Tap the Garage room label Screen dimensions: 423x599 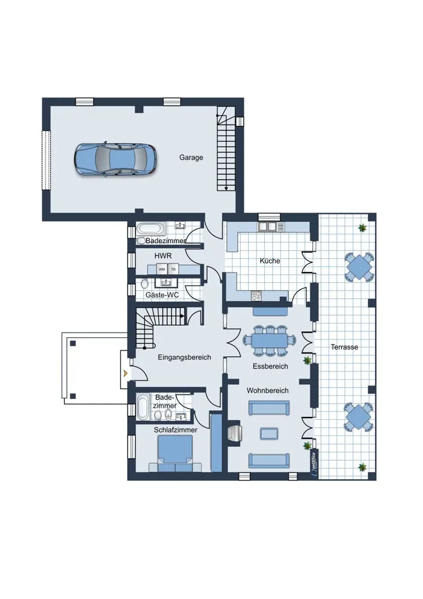coord(191,158)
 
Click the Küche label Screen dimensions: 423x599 coord(270,261)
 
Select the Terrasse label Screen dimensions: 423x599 coord(345,347)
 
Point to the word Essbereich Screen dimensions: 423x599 coord(270,366)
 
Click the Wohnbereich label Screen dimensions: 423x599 coord(267,391)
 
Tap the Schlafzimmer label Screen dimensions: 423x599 coord(176,429)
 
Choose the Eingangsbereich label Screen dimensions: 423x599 coord(185,358)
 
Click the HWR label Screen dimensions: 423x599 coord(163,256)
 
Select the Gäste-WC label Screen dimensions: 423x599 coord(162,295)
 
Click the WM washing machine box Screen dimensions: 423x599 coord(162,270)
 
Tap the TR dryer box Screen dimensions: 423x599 coord(173,270)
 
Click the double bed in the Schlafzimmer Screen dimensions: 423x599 coord(176,453)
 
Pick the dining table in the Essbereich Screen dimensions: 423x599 coord(270,340)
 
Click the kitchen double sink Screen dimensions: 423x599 coord(267,227)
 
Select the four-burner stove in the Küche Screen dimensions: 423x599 coord(256,295)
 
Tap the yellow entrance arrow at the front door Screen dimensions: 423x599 coord(125,373)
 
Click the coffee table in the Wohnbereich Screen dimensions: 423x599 coord(270,433)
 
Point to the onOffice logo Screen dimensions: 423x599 coord(314,464)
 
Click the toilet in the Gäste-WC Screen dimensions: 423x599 coord(144,284)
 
